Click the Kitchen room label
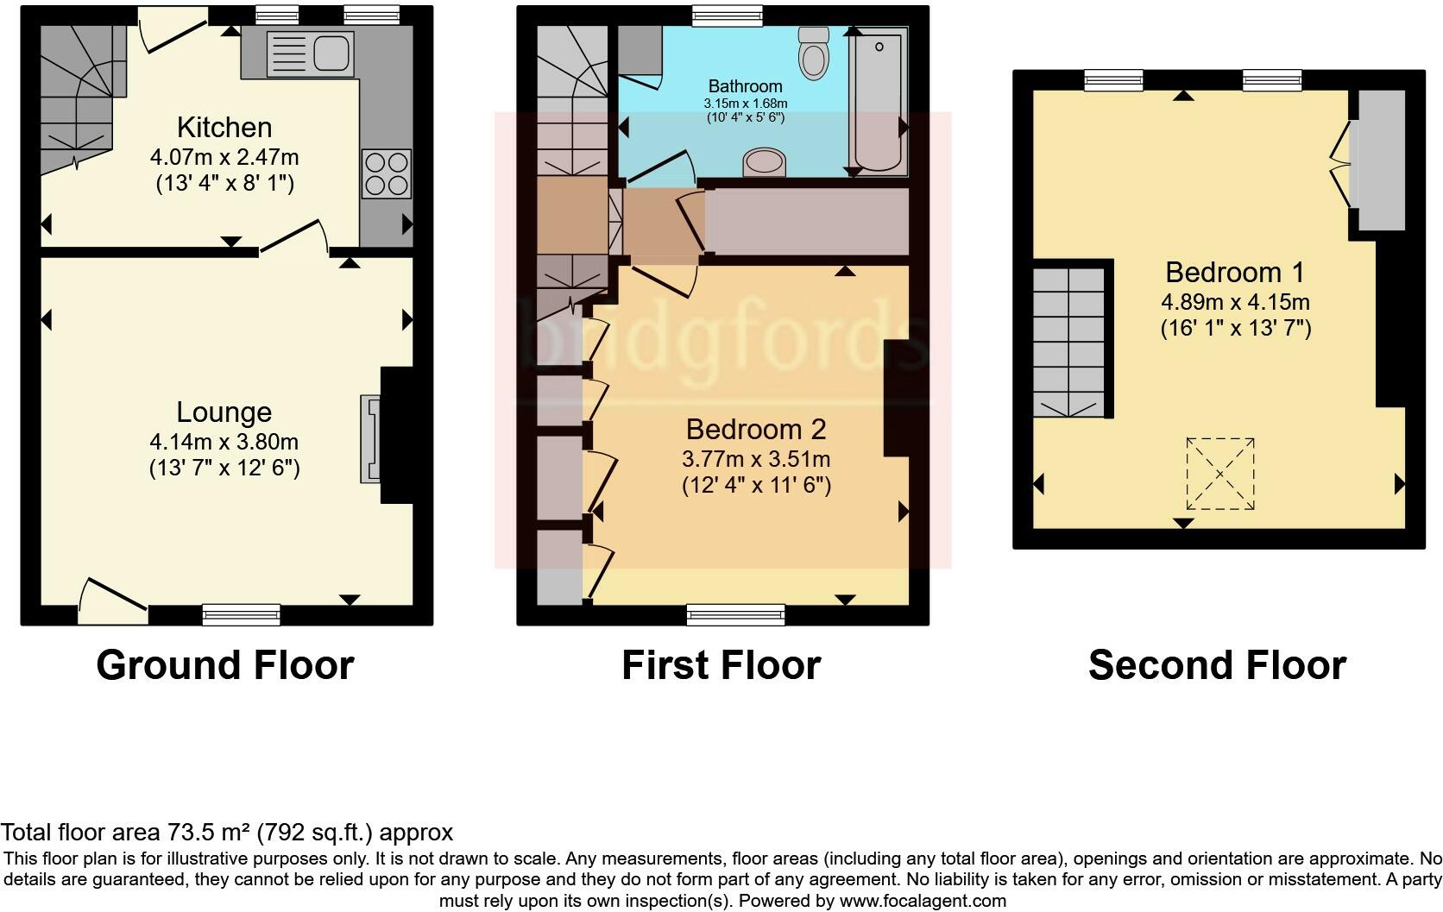pos(224,128)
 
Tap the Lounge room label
pos(224,412)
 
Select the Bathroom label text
pos(746,86)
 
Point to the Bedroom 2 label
pos(756,430)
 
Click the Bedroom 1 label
pos(1235,273)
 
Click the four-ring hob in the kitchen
pos(387,173)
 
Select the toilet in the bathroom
pos(814,53)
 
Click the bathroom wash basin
pos(765,161)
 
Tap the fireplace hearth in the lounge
pos(370,438)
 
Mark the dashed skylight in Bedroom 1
pos(1220,474)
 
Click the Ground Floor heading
pos(225,665)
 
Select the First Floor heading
pos(721,665)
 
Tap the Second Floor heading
pos(1218,665)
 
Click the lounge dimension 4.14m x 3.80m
pos(224,442)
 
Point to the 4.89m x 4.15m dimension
pos(1236,301)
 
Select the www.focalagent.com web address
pos(923,901)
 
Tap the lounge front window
pos(242,614)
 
